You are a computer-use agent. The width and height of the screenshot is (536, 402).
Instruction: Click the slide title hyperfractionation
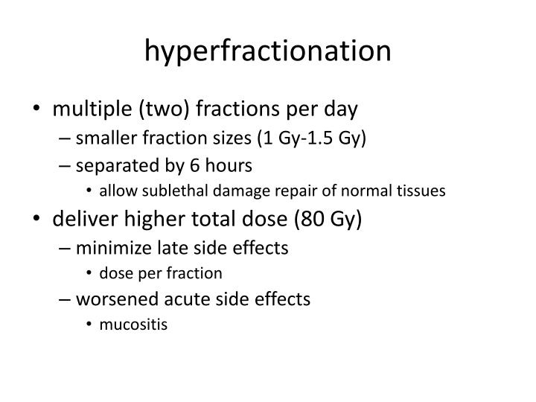[267, 51]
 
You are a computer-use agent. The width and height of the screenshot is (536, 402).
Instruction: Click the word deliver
[80, 219]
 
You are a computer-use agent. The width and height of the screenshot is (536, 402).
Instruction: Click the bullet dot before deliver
[38, 220]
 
